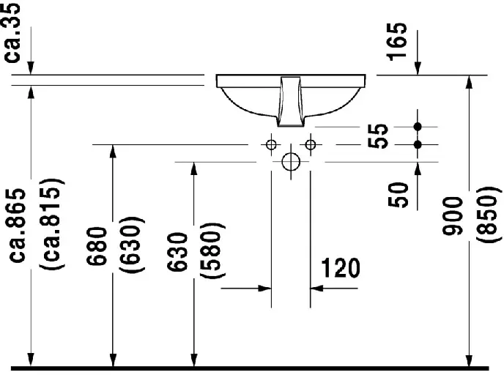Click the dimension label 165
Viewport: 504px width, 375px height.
(397, 42)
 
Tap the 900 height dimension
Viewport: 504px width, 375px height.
(452, 215)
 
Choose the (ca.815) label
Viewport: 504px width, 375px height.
(52, 223)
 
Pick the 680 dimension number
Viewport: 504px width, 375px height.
(97, 246)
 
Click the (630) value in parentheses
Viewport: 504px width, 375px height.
(132, 245)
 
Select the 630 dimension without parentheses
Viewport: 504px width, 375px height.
(177, 252)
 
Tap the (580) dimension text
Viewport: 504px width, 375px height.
(212, 250)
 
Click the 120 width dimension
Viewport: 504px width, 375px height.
(341, 267)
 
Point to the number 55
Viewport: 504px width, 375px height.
(378, 135)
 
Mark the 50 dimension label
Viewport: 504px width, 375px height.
(398, 195)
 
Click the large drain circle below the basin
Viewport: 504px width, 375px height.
(291, 162)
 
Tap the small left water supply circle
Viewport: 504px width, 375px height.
(271, 144)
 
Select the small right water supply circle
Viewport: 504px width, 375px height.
(311, 144)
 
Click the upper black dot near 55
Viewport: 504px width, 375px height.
(418, 127)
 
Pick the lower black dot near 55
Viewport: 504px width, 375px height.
(418, 144)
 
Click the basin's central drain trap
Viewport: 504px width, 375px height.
(291, 102)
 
